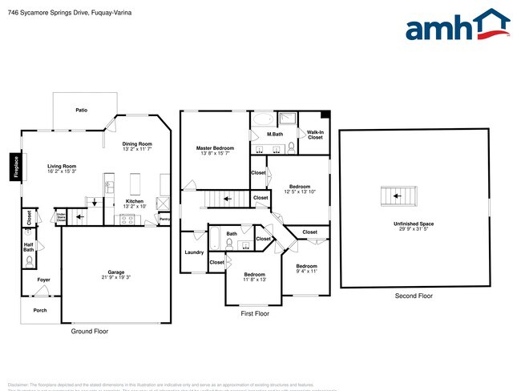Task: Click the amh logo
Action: click(x=458, y=26)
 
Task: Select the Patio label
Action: click(x=81, y=110)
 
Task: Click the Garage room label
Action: click(x=116, y=274)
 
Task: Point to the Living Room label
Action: click(x=61, y=169)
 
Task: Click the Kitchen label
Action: click(x=134, y=204)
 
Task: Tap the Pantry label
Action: click(x=164, y=219)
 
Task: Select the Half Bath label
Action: click(x=29, y=248)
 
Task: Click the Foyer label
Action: click(x=43, y=280)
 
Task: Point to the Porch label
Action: click(x=39, y=310)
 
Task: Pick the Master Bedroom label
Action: click(x=215, y=151)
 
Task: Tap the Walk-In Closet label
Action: click(x=315, y=135)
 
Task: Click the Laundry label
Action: click(x=194, y=252)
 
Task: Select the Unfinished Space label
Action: click(x=414, y=225)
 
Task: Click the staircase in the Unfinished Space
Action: click(x=399, y=195)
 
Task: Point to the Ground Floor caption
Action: click(x=90, y=331)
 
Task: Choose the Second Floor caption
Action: click(x=414, y=296)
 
